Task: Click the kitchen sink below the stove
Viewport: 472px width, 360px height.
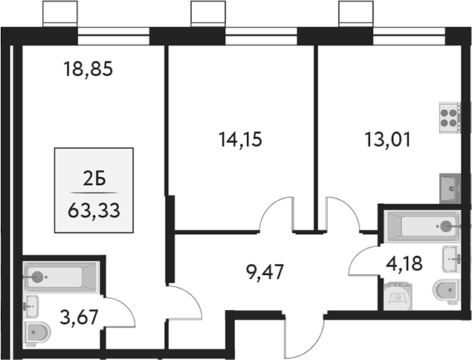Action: [449, 186]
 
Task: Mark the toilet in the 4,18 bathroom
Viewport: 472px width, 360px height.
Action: [447, 292]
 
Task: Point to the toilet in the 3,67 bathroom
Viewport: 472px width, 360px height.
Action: [38, 332]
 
